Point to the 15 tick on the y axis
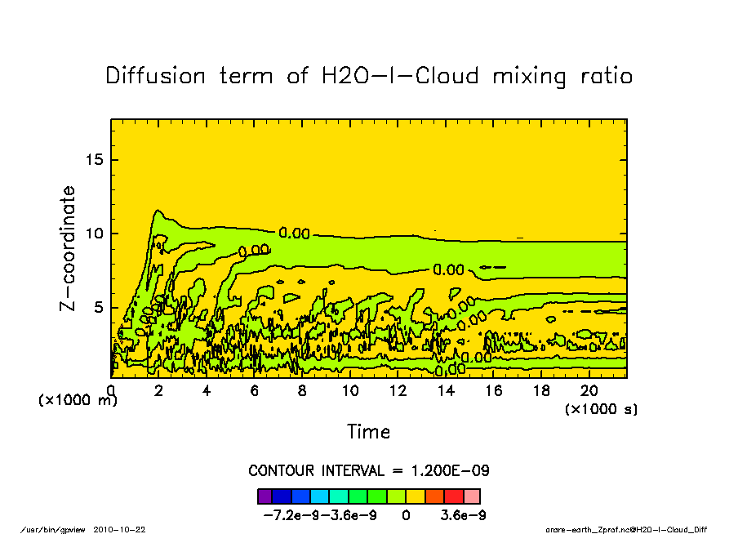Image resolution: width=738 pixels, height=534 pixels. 96,159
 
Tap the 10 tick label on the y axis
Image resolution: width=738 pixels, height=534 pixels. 96,234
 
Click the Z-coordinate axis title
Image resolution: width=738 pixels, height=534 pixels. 69,248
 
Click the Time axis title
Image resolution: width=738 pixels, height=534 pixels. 368,431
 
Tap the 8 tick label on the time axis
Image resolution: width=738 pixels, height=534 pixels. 302,391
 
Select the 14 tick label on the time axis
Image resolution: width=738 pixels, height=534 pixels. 446,391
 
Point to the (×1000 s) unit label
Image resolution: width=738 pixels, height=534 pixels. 602,408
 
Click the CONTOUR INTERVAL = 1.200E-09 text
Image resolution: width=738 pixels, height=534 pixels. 368,471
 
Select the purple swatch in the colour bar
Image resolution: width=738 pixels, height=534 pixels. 265,496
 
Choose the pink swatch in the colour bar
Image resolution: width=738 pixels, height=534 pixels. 472,496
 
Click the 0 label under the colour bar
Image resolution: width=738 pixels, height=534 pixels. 406,516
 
